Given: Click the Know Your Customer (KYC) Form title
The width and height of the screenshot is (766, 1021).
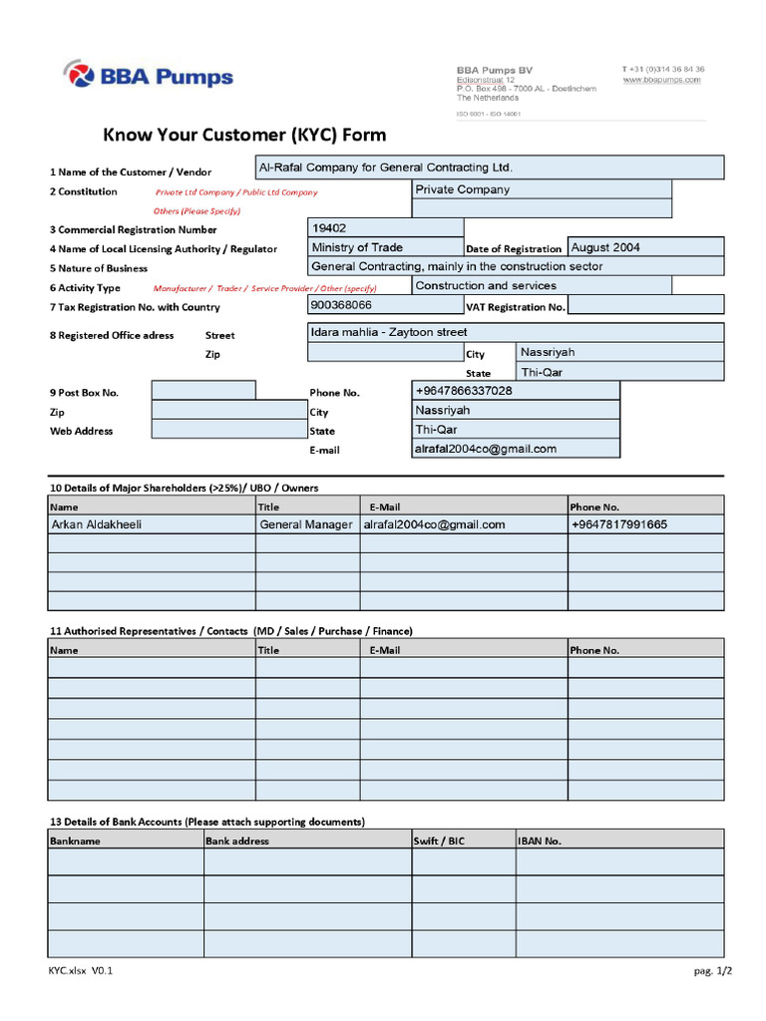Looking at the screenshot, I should pos(245,136).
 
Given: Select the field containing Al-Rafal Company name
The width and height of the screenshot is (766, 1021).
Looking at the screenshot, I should pos(489,168).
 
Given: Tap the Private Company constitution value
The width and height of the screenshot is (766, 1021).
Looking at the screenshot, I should pos(541,189).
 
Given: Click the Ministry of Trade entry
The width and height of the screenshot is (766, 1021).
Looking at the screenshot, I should pos(385,247).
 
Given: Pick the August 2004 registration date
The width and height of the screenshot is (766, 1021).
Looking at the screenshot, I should pos(644,247).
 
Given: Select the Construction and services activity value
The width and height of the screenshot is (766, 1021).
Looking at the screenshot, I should pos(541,286).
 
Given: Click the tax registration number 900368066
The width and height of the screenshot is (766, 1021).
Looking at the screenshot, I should pos(385,305).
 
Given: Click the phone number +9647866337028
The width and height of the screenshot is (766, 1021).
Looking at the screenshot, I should pos(515,391).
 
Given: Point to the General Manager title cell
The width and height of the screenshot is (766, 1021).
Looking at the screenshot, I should pos(306,524).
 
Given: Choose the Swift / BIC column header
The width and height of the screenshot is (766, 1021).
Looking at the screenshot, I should pos(440,841).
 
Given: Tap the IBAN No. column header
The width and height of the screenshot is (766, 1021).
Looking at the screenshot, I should pos(540,841).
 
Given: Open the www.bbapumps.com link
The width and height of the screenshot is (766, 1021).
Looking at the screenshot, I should pos(663,80).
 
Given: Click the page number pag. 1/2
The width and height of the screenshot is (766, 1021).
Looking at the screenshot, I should pos(712,970).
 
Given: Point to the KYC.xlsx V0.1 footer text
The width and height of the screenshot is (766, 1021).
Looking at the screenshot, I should pos(81,970).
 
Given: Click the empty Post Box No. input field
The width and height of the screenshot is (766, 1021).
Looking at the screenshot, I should pos(202,391).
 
